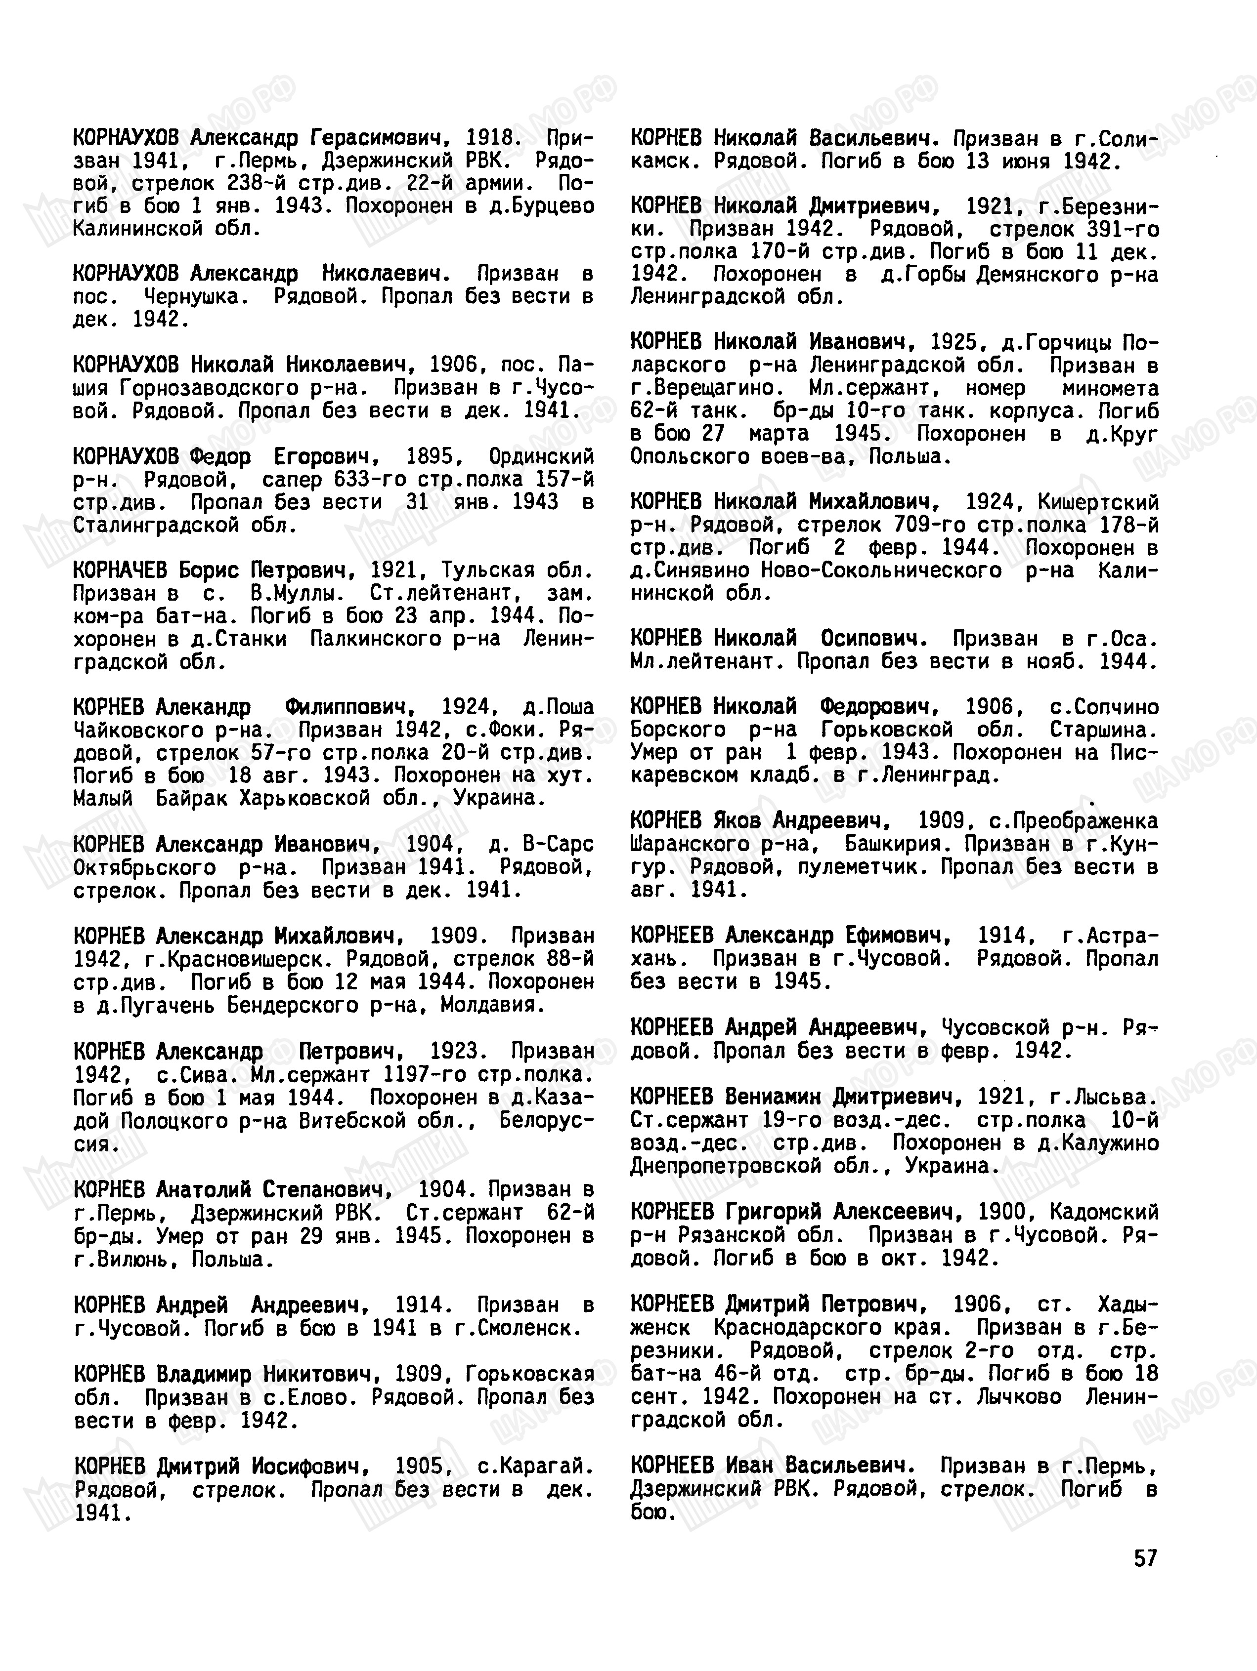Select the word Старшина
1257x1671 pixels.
1104,730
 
